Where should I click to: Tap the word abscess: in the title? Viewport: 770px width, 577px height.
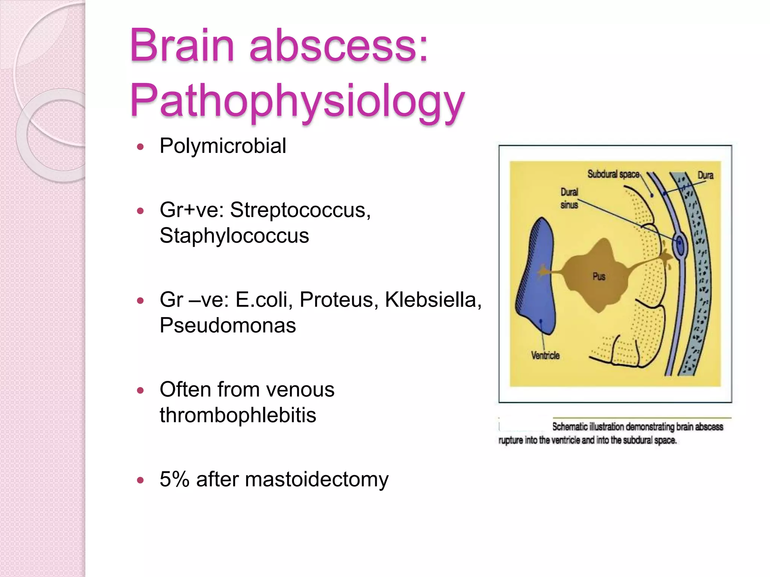tap(338, 46)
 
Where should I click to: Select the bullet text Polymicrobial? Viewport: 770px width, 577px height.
tap(223, 146)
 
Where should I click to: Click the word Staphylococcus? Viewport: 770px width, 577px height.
tap(234, 236)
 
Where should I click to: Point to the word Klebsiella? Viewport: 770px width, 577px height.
tap(432, 300)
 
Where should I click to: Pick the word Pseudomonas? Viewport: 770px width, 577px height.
tap(227, 325)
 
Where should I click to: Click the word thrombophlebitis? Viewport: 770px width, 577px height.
tap(238, 415)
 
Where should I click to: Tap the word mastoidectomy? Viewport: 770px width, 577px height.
tap(317, 479)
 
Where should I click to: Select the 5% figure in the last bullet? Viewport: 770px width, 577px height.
tap(174, 479)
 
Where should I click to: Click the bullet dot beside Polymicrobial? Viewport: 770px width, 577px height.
tap(141, 147)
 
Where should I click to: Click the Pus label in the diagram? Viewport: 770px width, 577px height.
tap(599, 277)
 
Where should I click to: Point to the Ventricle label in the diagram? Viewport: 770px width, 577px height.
tap(545, 355)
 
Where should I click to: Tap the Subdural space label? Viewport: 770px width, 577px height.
tap(613, 174)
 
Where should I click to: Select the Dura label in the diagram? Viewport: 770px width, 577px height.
tap(705, 175)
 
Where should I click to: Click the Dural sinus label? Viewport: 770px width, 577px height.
tap(569, 198)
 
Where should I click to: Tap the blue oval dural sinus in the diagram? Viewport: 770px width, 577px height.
tap(680, 245)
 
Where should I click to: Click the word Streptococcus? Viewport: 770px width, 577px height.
tap(300, 210)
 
